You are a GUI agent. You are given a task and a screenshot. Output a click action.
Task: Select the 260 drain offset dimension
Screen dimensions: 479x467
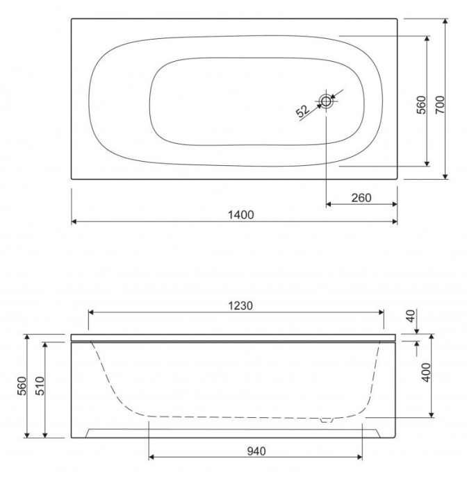(361, 198)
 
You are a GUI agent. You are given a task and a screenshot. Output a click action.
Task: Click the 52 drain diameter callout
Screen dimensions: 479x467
(302, 110)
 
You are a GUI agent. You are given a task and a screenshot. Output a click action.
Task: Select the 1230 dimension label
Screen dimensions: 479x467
(236, 305)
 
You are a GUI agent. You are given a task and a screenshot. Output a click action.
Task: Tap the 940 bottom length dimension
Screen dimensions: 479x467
(256, 451)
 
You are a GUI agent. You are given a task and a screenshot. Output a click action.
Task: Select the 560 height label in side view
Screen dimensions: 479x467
(22, 386)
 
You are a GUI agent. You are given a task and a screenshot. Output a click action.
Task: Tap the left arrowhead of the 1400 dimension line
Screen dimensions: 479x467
(74, 222)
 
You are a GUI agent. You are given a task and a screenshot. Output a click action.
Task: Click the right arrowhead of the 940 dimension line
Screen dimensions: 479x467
(359, 457)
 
